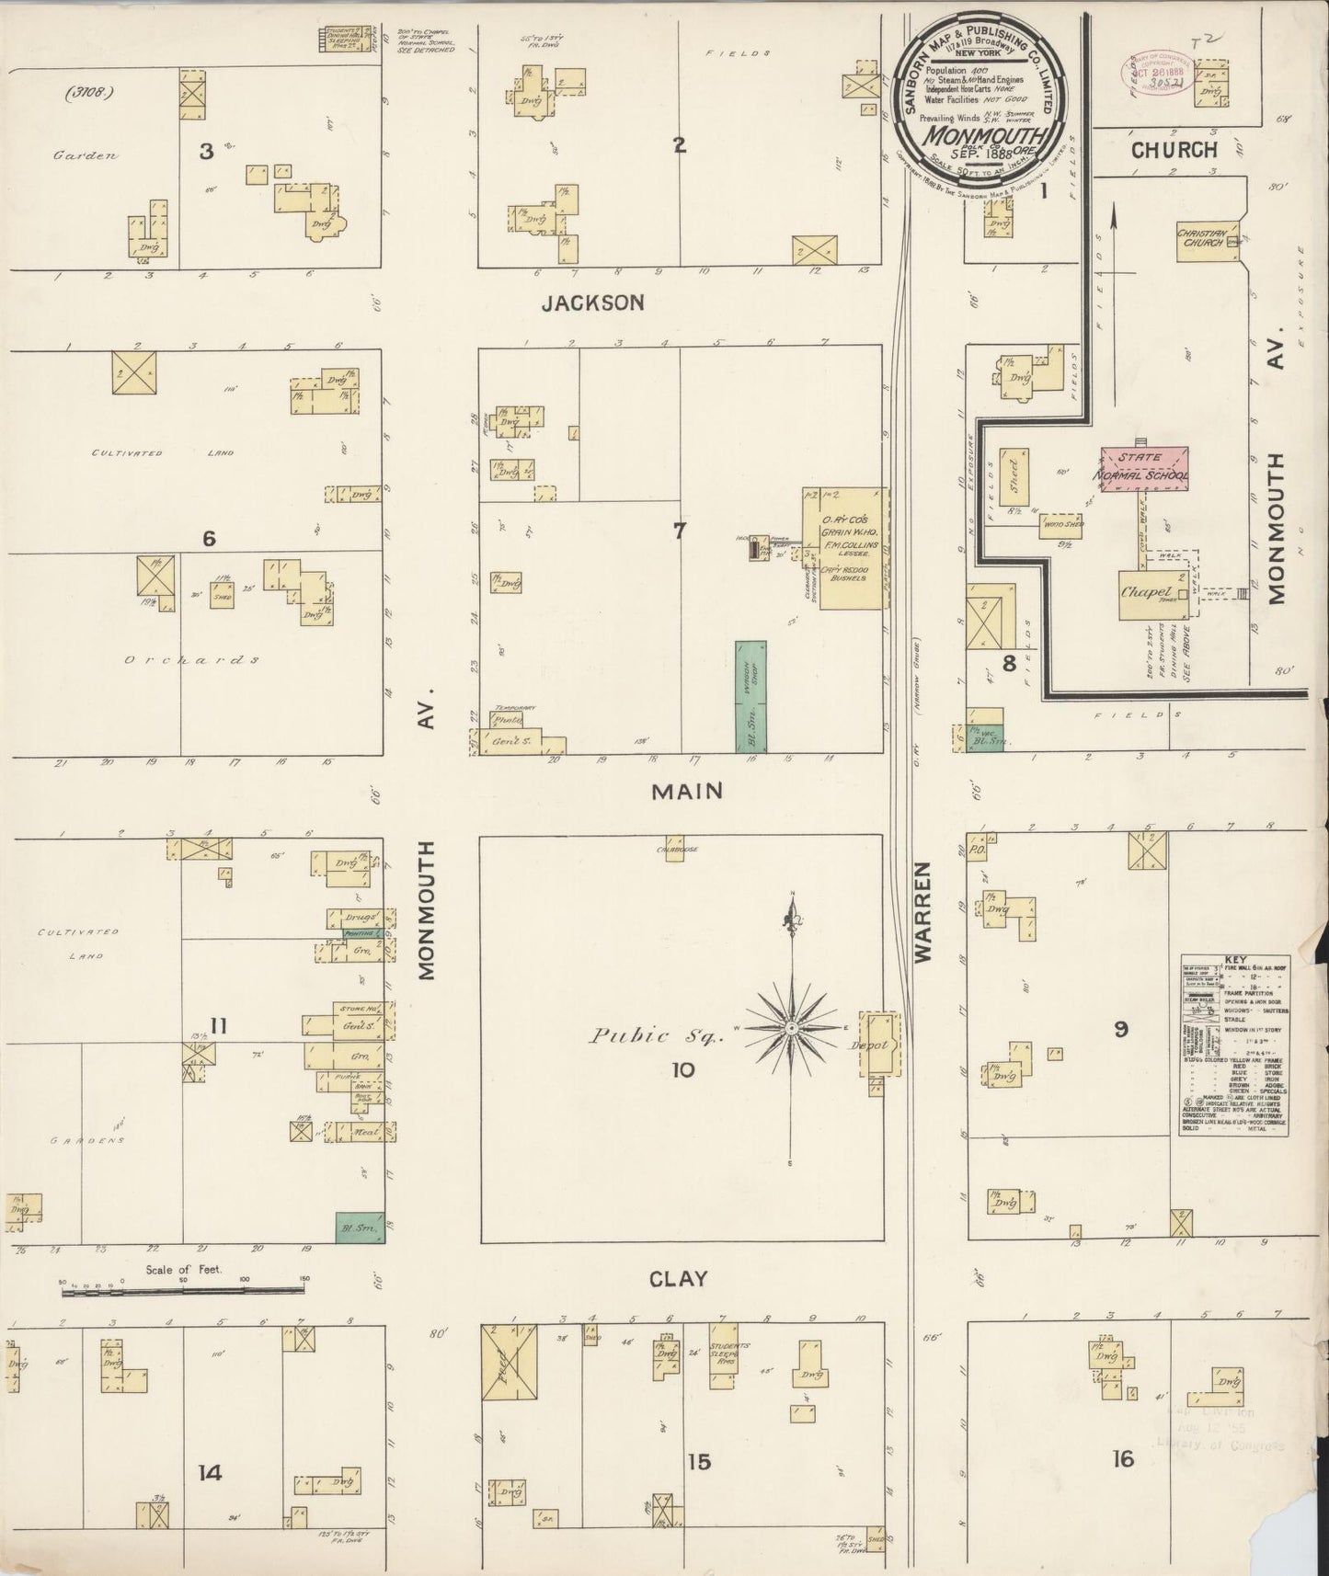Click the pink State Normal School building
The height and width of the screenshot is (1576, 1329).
click(x=1145, y=466)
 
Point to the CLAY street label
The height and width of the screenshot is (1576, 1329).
click(x=678, y=1279)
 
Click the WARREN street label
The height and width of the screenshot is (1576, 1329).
click(x=924, y=912)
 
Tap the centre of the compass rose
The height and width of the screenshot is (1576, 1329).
click(x=790, y=1026)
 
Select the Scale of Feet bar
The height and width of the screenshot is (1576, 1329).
click(x=184, y=1291)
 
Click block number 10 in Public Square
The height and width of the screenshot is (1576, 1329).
click(x=683, y=1070)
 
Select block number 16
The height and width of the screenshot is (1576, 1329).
click(x=1122, y=1458)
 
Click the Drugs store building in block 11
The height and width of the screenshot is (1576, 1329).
click(x=358, y=919)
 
